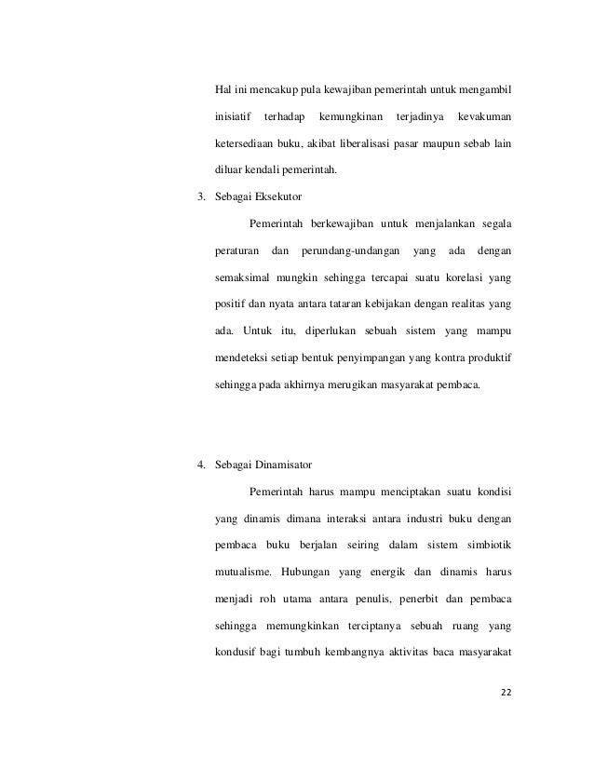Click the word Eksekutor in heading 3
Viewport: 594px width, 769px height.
click(x=266, y=196)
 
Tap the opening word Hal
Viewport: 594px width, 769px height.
click(x=223, y=89)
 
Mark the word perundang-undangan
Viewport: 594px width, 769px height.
click(x=350, y=251)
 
